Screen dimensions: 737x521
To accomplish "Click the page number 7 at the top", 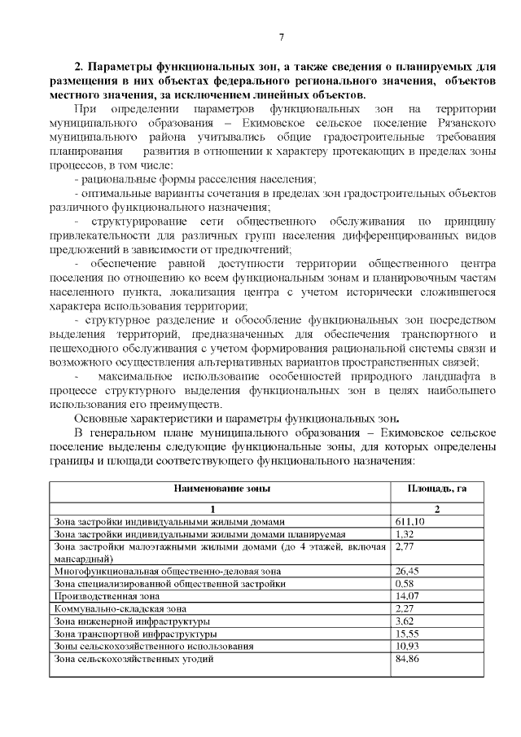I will (x=281, y=37).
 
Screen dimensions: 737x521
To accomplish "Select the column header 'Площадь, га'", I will (x=436, y=489).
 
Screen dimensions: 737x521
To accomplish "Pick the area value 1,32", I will (x=405, y=533).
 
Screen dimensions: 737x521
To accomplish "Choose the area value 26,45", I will (x=407, y=572).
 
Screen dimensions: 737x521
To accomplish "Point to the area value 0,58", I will (x=405, y=584).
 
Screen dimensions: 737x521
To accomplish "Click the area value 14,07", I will (x=407, y=596).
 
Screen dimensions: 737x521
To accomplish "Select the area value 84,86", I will (x=407, y=658).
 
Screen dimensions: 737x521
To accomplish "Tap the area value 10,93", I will (x=407, y=646).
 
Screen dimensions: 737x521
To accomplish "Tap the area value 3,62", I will (x=405, y=621).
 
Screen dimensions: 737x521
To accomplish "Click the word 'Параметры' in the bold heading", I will (x=120, y=66).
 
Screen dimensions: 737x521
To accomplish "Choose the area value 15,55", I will (x=407, y=634).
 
